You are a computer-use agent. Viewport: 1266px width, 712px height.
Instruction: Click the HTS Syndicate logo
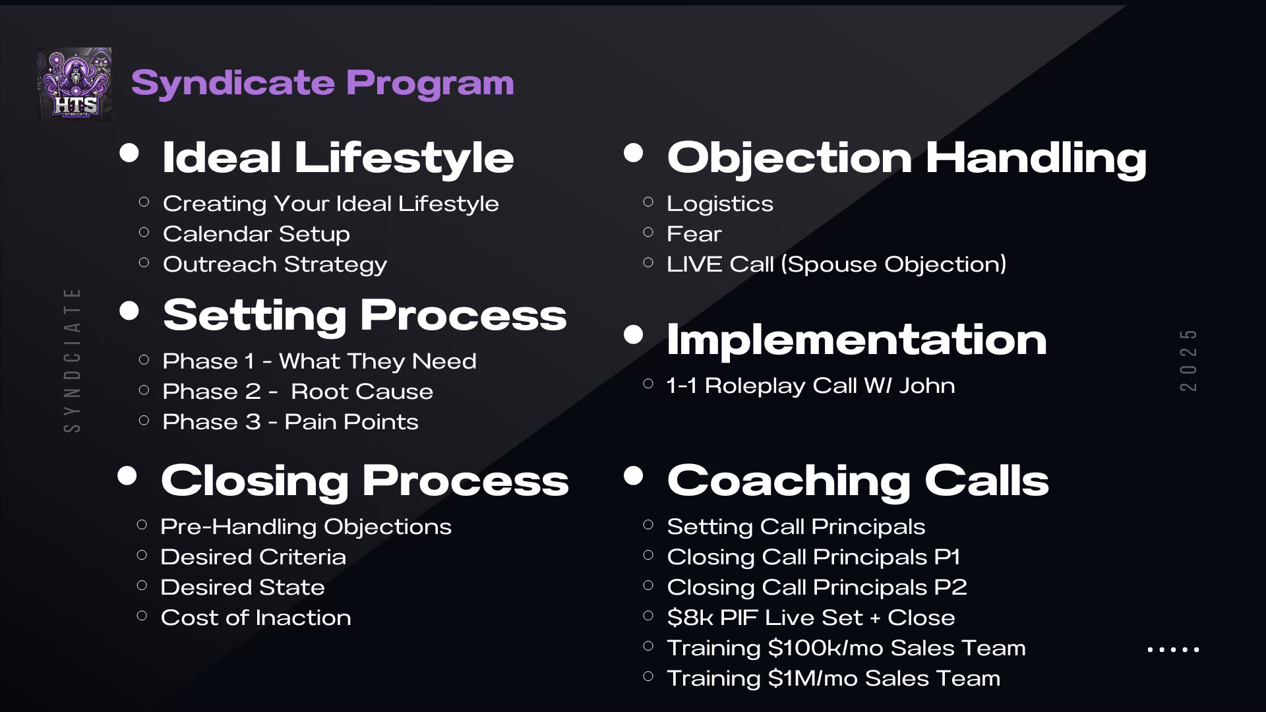coord(74,84)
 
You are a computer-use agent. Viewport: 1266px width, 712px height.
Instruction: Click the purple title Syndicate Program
coord(322,83)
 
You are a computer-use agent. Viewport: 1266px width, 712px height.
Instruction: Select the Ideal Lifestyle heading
coord(338,158)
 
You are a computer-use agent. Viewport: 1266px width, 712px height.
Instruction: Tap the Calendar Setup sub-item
coord(256,234)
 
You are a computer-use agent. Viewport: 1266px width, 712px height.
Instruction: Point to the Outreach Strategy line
coord(275,265)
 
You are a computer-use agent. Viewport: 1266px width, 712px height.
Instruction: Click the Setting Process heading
coord(365,315)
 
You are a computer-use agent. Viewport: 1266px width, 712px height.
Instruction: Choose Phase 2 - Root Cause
coord(298,392)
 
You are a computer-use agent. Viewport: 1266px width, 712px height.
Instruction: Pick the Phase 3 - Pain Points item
coord(291,422)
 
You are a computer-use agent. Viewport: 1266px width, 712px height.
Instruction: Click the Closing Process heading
coord(365,481)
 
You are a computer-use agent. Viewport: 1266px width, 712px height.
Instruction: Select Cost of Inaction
coord(256,618)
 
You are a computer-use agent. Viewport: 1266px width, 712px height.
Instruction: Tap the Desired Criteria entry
coord(253,557)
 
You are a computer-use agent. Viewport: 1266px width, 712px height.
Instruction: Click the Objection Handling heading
coord(907,159)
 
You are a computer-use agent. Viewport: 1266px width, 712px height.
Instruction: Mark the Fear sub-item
coord(694,234)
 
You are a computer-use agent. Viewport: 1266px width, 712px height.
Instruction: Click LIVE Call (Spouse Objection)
coord(837,264)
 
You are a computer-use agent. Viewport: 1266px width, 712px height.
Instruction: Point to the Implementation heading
coord(857,341)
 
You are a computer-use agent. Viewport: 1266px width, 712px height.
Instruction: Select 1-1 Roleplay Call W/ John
coord(811,386)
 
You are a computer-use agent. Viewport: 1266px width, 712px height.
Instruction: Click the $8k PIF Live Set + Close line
coord(811,618)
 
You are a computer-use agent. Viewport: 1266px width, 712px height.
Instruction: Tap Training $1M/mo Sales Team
coord(833,678)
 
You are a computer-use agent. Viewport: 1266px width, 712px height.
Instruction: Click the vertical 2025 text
coord(1188,360)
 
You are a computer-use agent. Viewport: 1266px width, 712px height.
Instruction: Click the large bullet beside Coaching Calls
coord(633,475)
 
